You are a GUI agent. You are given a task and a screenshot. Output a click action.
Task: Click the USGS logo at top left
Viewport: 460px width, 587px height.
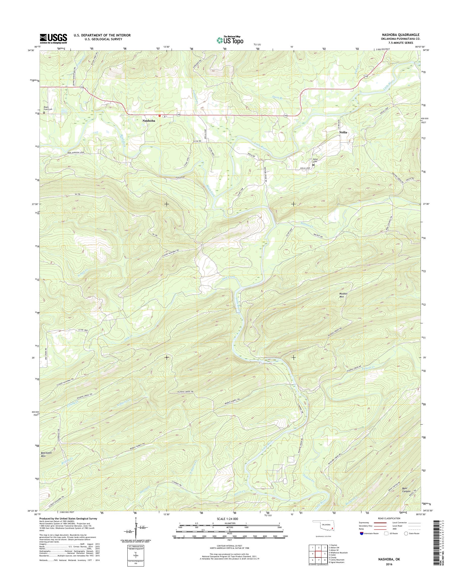pos(53,38)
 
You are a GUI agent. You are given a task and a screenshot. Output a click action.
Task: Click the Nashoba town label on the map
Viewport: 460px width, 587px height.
pos(149,121)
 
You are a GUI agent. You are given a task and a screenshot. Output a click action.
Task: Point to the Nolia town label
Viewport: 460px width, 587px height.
pos(343,133)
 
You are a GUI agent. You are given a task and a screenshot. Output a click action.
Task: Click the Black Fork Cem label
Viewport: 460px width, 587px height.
pos(48,108)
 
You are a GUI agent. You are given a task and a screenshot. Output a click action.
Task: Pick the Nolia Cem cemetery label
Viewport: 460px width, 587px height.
pos(315,160)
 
